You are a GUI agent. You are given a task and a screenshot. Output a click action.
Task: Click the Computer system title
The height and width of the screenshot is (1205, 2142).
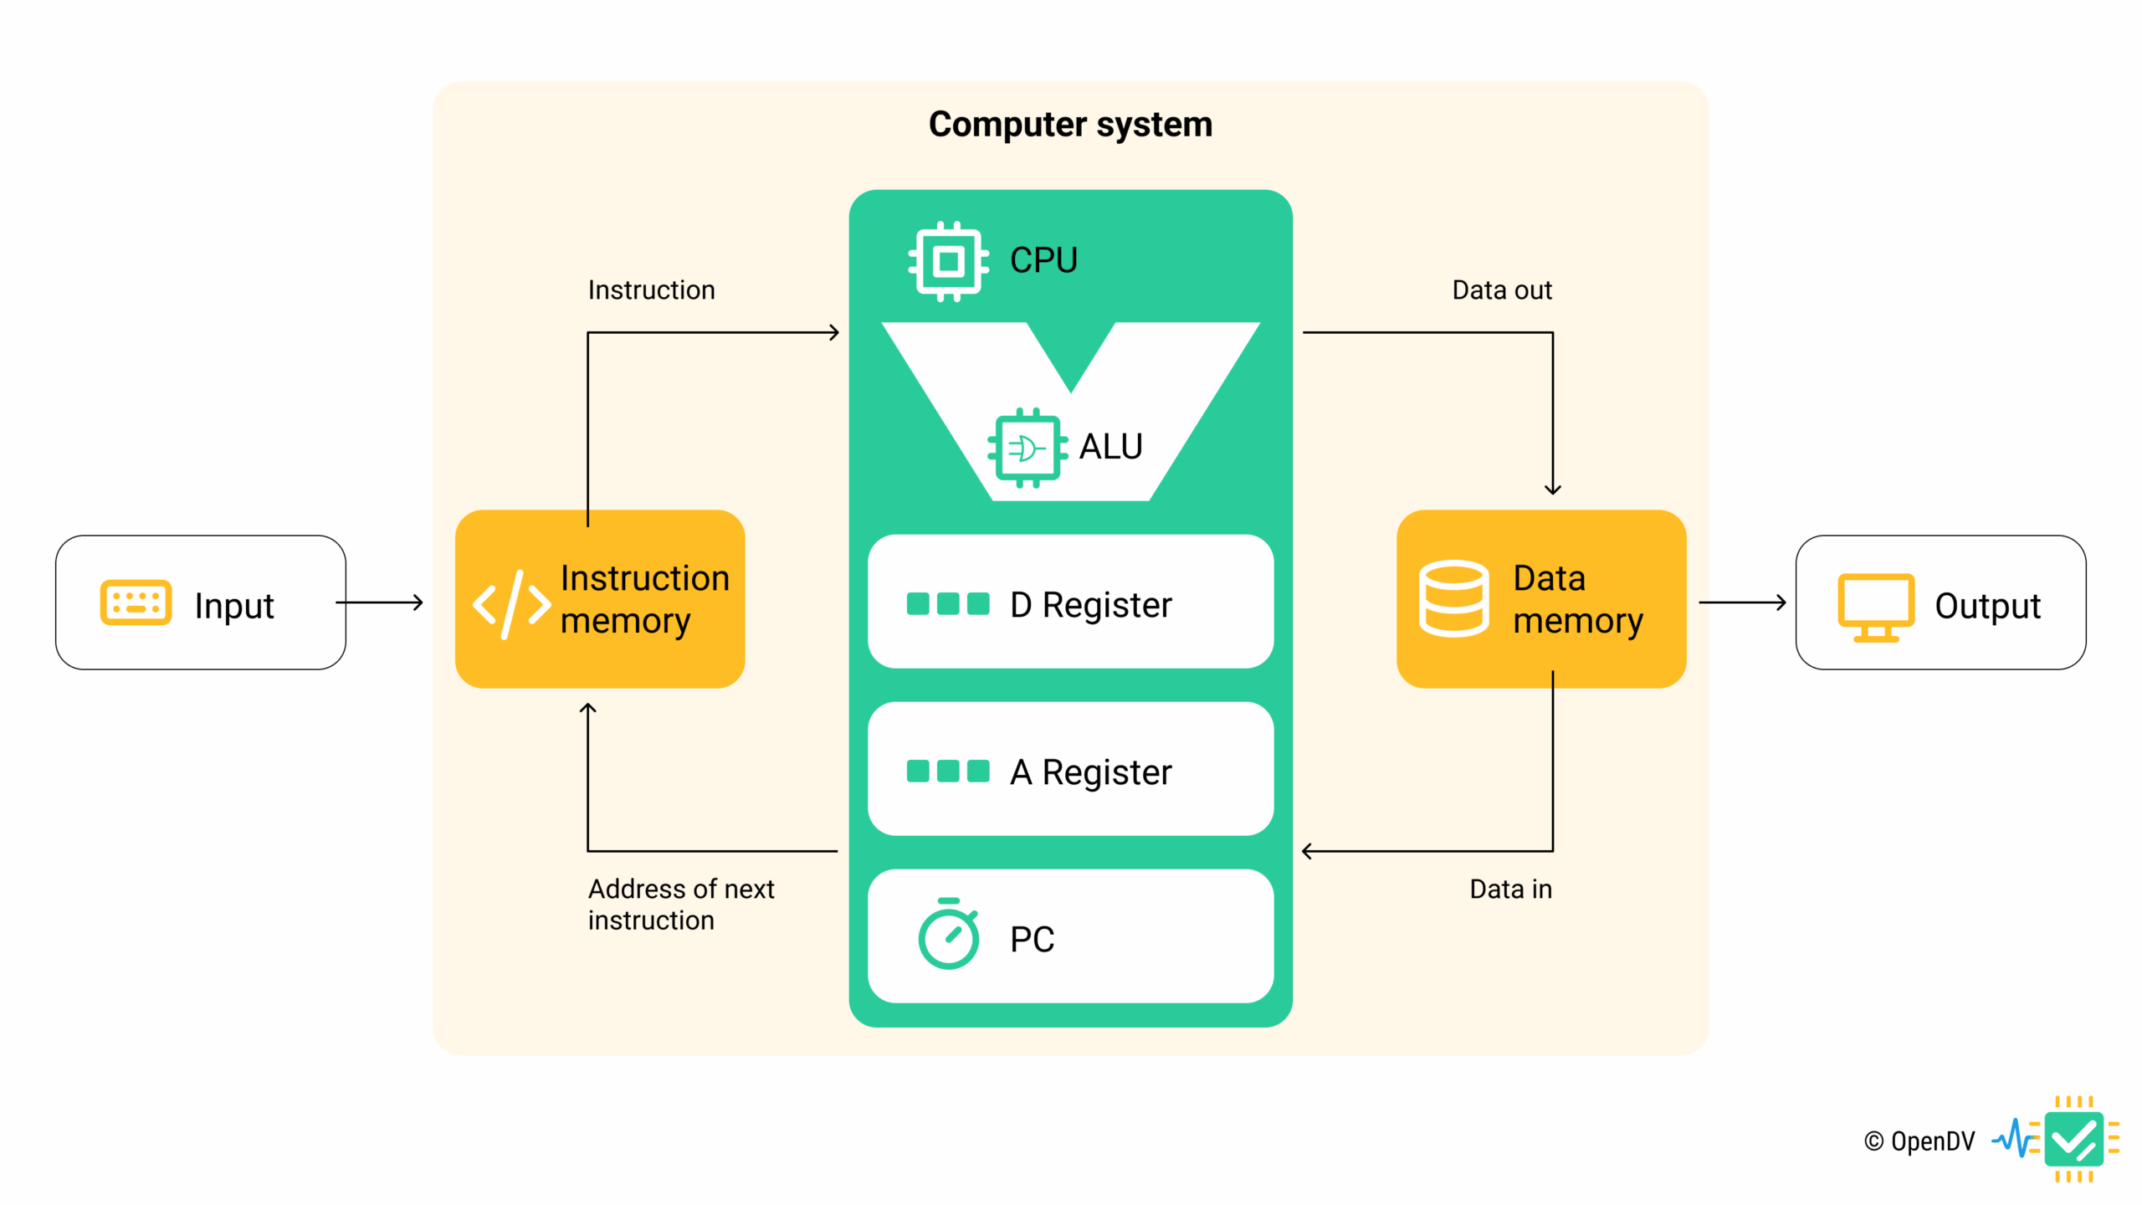click(1070, 125)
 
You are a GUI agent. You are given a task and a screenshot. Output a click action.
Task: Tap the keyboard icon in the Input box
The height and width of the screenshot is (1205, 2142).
click(136, 602)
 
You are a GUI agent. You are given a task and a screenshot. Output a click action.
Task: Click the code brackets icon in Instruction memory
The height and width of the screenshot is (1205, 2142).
click(511, 604)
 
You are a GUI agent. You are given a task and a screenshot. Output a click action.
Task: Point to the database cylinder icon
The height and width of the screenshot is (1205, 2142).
click(1453, 599)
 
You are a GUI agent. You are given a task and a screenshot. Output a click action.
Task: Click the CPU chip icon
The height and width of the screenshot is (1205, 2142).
click(948, 261)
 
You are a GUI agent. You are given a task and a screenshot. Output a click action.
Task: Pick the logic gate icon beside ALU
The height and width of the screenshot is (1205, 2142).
click(1027, 448)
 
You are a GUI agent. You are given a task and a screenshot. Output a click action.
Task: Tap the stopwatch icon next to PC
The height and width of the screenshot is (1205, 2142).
click(948, 935)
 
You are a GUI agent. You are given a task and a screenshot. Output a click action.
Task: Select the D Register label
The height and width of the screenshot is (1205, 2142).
click(1090, 605)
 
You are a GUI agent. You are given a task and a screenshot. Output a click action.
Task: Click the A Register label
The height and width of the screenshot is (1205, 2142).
click(1090, 772)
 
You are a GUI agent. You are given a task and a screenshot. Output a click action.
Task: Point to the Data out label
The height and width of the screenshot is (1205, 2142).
click(1501, 290)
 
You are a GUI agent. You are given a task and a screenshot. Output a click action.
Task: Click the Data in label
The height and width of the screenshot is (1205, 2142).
click(1510, 889)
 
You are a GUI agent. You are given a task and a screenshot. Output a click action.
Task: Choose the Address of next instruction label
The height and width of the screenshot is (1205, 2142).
click(680, 905)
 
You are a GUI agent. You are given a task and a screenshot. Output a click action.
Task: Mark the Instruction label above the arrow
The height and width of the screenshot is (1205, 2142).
click(651, 290)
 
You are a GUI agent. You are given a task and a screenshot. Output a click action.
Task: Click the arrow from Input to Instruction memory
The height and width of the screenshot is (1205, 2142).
click(381, 602)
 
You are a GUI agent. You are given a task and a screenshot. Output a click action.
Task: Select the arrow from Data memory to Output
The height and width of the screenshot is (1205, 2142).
click(1741, 602)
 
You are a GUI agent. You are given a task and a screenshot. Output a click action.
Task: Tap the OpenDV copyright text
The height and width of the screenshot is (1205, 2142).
click(1919, 1141)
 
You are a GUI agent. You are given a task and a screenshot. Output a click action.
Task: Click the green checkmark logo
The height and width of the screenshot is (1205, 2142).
click(2073, 1140)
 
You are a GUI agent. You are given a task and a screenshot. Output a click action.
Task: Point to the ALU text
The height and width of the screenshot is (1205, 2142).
click(1110, 447)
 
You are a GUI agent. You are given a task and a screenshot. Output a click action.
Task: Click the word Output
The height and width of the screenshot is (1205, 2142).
click(1987, 606)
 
